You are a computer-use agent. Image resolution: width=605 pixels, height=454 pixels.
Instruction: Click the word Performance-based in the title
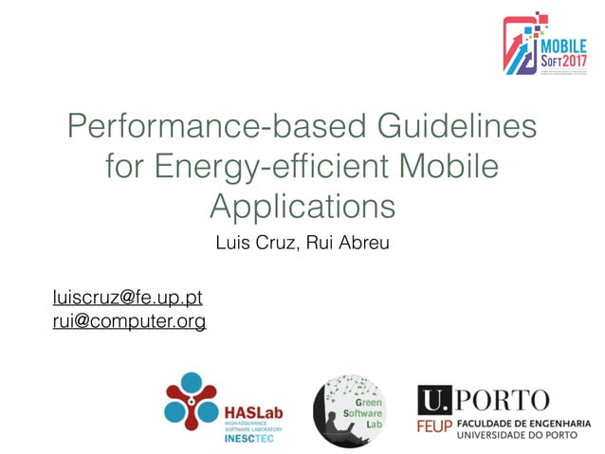pos(202,127)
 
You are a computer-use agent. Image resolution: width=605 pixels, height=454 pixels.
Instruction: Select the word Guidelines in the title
pos(446,127)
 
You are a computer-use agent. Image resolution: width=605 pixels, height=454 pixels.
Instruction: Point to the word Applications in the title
pos(302,207)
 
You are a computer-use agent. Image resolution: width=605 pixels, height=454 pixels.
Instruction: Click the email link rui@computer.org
pos(129,322)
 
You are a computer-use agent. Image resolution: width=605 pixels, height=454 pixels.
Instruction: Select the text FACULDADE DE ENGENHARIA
pos(523,424)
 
